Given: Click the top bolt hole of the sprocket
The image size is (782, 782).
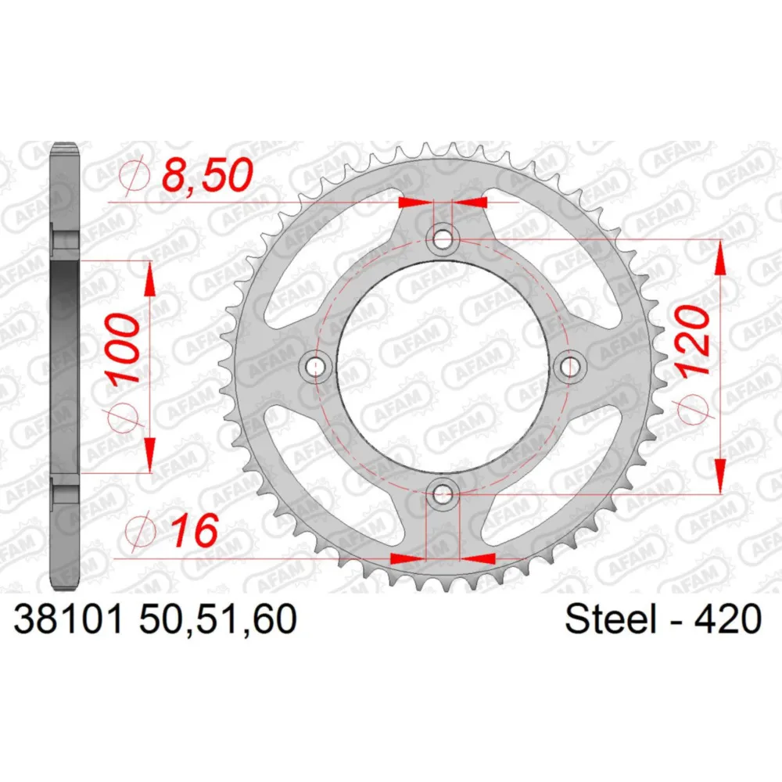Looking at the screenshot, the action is [443, 239].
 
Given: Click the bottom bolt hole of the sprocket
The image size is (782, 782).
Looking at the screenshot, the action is [443, 495].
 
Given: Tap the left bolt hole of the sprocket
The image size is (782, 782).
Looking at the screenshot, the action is [314, 367].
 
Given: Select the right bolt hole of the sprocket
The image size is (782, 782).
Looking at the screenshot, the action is [569, 367].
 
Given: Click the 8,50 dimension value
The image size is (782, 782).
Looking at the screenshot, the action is [208, 175].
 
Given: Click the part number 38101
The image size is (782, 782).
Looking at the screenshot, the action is [68, 619].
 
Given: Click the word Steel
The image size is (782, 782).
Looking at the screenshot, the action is [610, 619].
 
